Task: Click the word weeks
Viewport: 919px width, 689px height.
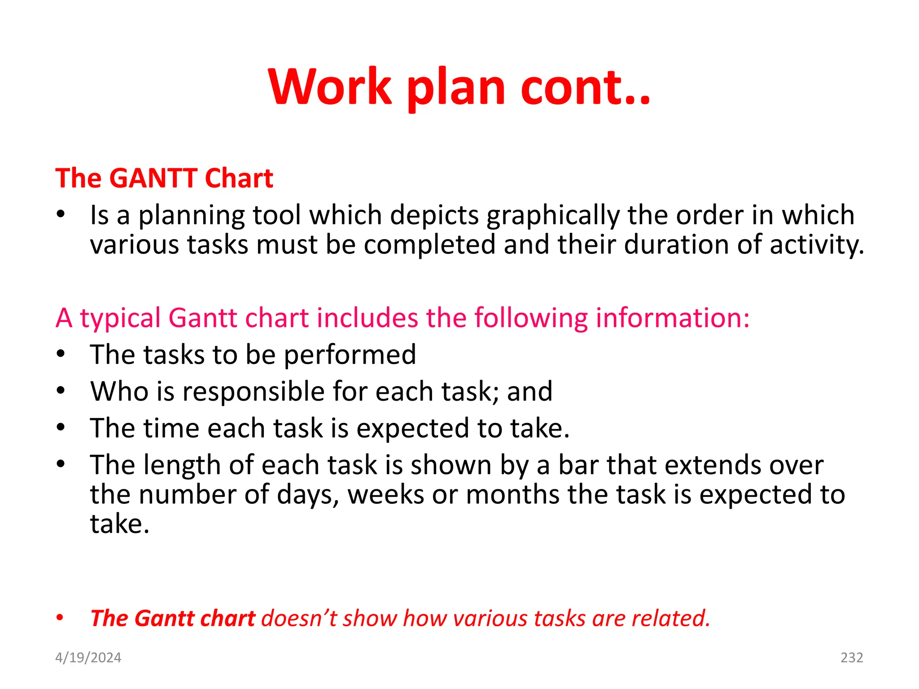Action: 386,495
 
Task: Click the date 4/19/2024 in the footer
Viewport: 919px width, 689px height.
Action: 88,658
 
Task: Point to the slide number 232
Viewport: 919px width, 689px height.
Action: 851,658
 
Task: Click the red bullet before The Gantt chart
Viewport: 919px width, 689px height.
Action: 60,618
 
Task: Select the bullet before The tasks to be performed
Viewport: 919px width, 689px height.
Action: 61,354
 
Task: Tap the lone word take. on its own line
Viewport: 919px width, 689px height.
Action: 119,524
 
